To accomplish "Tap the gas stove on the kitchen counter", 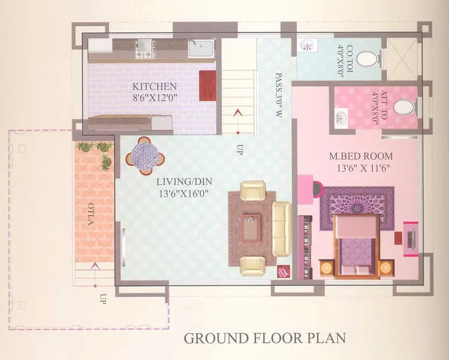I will [143, 50].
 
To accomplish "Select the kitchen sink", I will [201, 48].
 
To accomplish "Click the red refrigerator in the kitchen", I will [207, 85].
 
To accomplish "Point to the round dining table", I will [144, 154].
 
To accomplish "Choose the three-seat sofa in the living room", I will [281, 229].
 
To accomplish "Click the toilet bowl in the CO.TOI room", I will [367, 58].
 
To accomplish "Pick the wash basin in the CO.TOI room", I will [307, 46].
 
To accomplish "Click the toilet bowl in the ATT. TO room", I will [406, 107].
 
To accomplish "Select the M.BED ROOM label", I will [361, 156].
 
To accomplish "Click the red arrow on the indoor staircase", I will [236, 112].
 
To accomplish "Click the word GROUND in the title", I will [213, 338].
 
